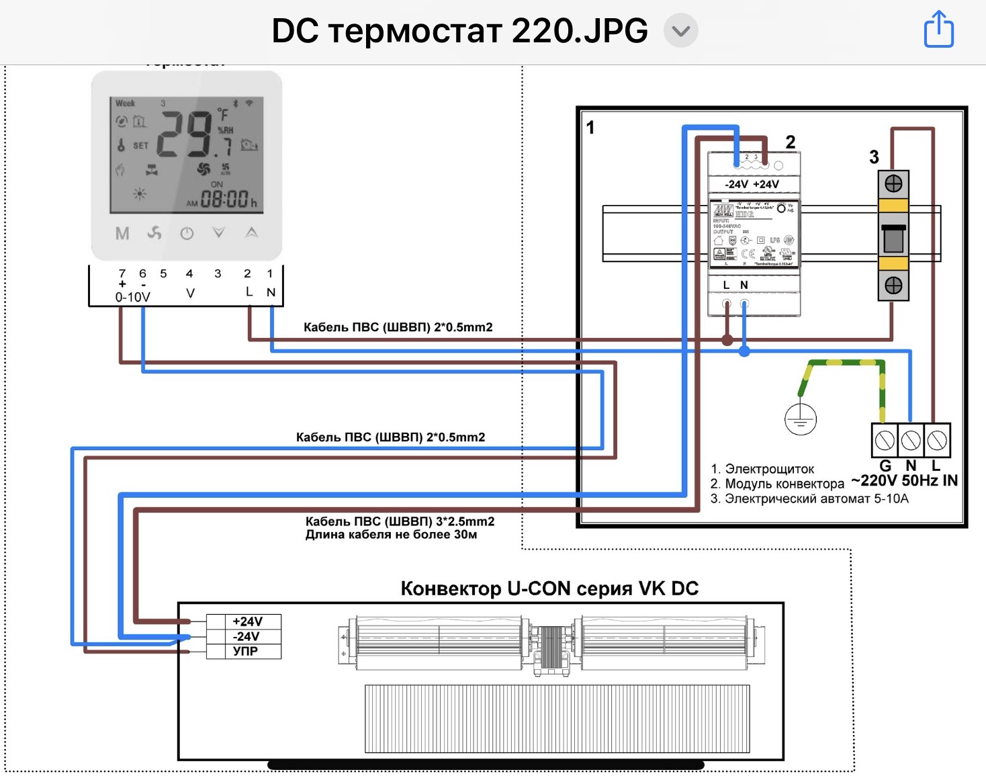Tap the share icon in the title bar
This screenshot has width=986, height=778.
938,30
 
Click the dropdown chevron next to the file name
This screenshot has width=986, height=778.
680,31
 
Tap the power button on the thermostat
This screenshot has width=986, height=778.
187,233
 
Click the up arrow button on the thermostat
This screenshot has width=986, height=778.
251,232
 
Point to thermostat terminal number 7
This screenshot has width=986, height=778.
122,273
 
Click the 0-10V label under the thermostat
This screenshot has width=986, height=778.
132,297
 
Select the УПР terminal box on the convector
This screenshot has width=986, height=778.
245,651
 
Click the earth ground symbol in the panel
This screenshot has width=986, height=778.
800,419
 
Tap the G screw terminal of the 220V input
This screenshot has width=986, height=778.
885,441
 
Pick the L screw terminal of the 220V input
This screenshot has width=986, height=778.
937,441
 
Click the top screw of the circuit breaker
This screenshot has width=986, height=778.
893,183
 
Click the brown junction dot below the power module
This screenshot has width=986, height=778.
727,339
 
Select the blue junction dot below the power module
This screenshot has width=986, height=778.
744,351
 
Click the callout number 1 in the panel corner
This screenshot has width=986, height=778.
590,128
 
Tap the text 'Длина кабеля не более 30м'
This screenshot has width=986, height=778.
391,535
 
